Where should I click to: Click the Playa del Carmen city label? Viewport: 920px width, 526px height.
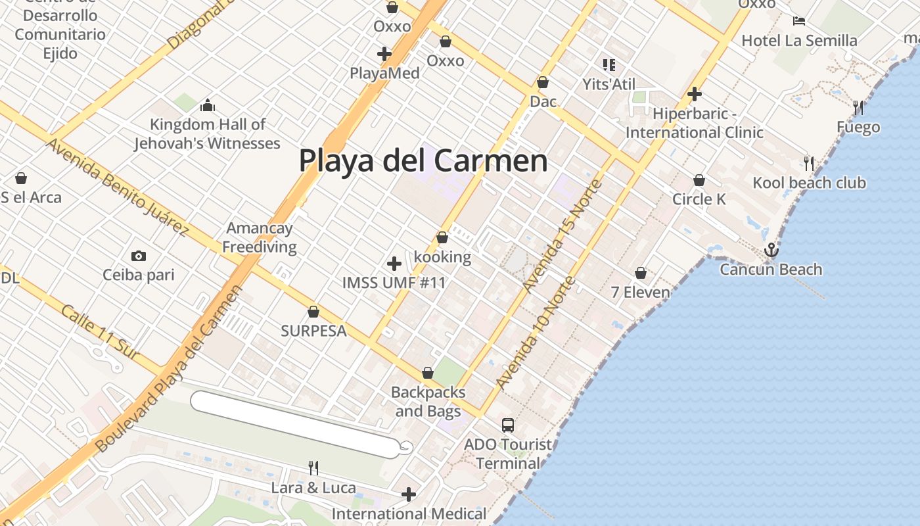(x=423, y=160)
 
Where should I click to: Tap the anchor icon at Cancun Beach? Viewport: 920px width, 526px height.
(x=771, y=250)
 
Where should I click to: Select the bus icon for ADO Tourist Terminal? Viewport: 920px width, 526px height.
(x=508, y=425)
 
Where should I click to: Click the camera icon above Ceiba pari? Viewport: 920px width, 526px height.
(x=139, y=256)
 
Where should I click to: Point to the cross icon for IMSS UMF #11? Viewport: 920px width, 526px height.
(x=394, y=264)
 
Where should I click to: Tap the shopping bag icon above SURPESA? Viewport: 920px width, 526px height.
(x=313, y=312)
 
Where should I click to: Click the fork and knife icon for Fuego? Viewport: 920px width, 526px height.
(x=858, y=108)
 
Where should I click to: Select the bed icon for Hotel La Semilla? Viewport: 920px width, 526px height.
(x=799, y=21)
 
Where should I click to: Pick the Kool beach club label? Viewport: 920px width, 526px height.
(x=810, y=183)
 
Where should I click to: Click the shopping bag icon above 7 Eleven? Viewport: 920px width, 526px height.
(x=641, y=272)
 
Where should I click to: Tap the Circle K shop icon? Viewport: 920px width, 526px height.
(x=699, y=180)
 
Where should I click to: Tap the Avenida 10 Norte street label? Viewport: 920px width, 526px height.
(x=536, y=333)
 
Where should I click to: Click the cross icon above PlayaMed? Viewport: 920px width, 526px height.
(x=384, y=54)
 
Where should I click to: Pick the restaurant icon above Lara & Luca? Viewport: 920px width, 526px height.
(x=313, y=468)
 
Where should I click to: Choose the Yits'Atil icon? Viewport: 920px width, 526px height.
(x=609, y=65)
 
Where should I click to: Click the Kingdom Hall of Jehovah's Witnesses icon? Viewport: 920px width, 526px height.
(x=208, y=105)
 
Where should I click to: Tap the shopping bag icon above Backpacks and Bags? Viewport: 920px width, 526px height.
(x=428, y=373)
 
